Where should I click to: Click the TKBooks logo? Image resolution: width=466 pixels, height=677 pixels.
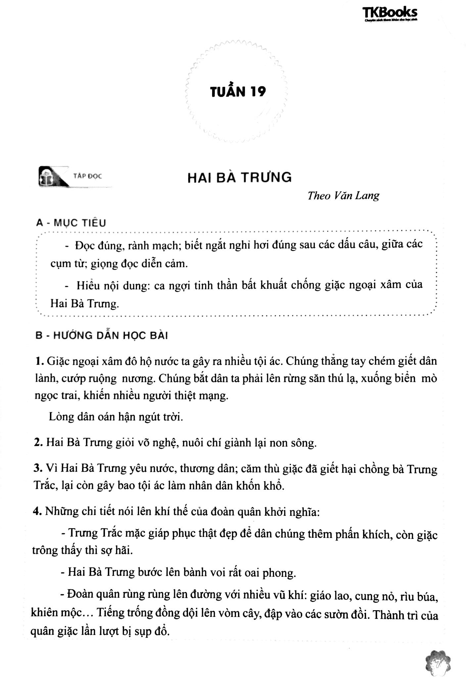tap(390, 14)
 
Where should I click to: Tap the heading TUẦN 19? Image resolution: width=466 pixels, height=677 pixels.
tap(238, 92)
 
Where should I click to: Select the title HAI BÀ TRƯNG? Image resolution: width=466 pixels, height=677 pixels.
tap(240, 178)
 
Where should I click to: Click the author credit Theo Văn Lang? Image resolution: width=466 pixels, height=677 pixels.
tap(343, 195)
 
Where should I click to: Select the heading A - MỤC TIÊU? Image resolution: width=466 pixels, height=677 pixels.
tap(71, 223)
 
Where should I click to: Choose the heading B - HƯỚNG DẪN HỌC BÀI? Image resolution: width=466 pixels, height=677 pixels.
tap(102, 336)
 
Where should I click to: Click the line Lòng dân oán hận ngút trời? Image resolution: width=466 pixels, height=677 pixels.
tap(116, 417)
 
